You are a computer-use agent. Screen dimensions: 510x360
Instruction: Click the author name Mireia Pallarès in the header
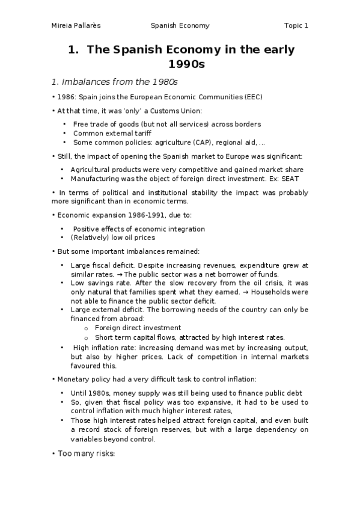click(75, 26)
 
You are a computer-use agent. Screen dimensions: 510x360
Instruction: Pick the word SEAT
click(290, 179)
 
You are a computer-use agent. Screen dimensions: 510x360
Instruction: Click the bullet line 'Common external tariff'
click(112, 134)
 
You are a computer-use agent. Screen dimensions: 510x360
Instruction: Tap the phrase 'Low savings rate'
click(96, 282)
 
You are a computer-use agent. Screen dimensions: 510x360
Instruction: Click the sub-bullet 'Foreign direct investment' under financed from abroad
click(138, 328)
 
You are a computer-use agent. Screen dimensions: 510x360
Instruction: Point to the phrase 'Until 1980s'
click(90, 393)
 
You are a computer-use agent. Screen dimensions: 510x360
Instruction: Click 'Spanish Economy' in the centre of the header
click(180, 26)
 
